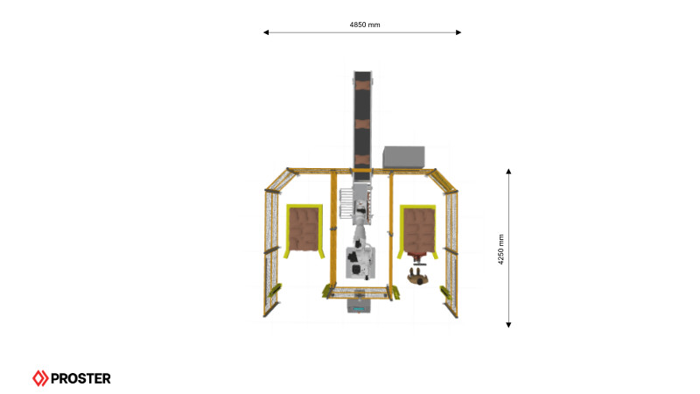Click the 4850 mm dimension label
coord(365,25)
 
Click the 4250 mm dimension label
coord(500,250)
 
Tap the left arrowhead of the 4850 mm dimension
coord(266,32)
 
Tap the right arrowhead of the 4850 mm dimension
coord(458,32)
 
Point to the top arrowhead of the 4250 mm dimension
coord(508,172)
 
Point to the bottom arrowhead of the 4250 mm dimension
coord(508,325)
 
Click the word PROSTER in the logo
coord(80,379)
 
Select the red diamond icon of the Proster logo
coord(40,378)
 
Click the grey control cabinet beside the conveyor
coord(403,158)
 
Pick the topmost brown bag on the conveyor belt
coord(362,83)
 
